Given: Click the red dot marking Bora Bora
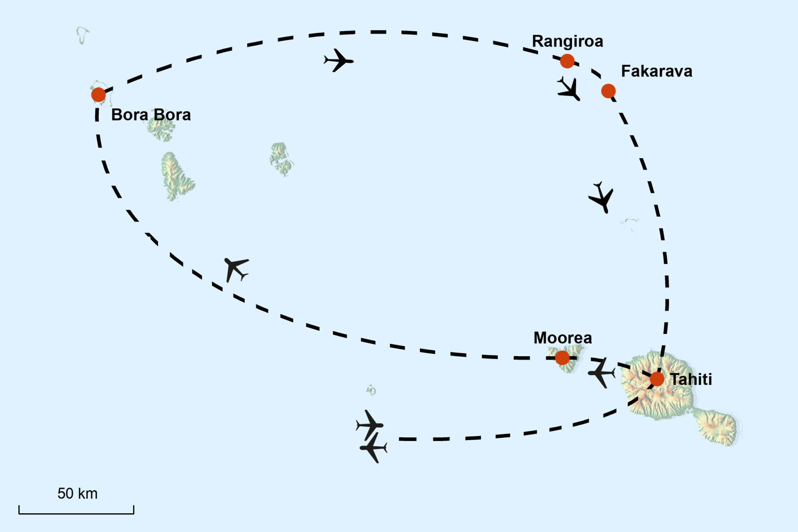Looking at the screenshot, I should click(x=99, y=95).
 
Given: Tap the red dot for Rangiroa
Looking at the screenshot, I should click(x=567, y=61).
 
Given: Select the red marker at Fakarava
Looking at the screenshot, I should click(x=608, y=91).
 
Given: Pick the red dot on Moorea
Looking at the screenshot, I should click(x=562, y=357).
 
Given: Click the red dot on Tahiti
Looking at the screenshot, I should click(x=657, y=379).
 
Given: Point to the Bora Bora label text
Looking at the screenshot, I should click(x=151, y=115).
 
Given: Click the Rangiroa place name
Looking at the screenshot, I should click(x=567, y=41).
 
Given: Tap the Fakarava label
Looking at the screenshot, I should click(x=657, y=71).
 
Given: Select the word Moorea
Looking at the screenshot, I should click(x=562, y=337).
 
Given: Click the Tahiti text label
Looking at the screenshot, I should click(x=691, y=379).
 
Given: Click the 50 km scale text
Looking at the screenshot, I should click(x=77, y=493).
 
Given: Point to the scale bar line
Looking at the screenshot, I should click(x=76, y=513).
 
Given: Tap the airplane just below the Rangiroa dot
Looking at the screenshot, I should click(x=569, y=89).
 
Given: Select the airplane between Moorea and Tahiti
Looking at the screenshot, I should click(x=601, y=373).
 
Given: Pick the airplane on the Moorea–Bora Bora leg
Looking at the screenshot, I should click(x=236, y=268).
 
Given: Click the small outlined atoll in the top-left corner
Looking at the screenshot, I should click(x=83, y=35).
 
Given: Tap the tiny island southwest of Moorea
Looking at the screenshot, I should click(x=371, y=390).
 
